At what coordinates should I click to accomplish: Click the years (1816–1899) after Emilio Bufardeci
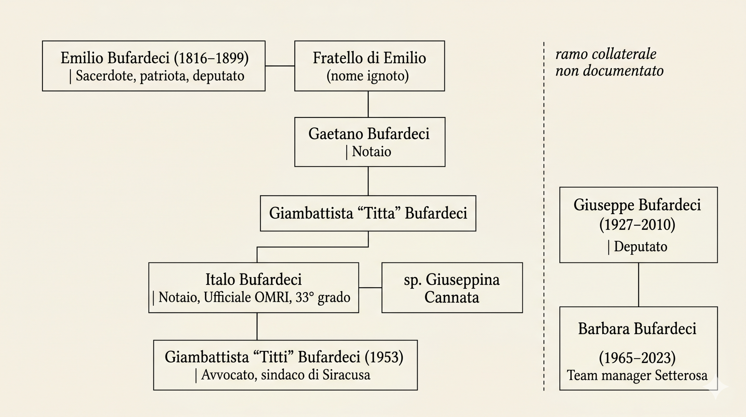(211, 58)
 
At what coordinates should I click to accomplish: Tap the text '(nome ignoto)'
(368, 76)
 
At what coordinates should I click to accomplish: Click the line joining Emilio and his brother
(280, 66)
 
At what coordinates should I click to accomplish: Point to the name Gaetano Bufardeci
(369, 134)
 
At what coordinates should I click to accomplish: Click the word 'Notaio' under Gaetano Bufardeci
(371, 152)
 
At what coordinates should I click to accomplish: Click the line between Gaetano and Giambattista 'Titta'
(368, 181)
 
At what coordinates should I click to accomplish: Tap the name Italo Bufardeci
(254, 280)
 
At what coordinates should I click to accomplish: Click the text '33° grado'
(323, 298)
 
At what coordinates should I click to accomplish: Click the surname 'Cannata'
(451, 298)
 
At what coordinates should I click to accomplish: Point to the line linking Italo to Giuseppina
(370, 288)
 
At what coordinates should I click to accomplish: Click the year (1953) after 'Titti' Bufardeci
(384, 357)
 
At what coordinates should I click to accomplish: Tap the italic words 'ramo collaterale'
(606, 54)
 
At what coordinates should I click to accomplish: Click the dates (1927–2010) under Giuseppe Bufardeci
(637, 225)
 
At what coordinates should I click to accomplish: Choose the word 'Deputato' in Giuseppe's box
(641, 247)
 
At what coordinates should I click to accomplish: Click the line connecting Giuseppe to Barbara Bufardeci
(638, 285)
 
